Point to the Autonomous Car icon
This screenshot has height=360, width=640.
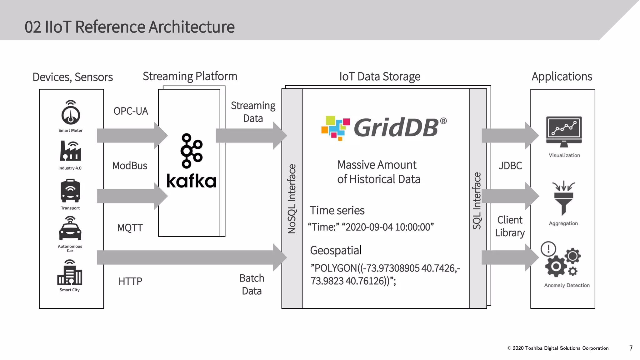(x=70, y=230)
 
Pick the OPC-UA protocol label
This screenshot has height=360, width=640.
(x=131, y=111)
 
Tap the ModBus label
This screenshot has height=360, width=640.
(x=130, y=166)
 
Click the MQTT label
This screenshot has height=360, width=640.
(x=130, y=228)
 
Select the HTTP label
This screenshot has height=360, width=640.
(x=130, y=281)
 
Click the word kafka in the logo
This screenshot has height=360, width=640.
(x=191, y=181)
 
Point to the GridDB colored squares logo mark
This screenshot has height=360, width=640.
(x=335, y=128)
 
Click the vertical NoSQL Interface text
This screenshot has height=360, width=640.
(x=292, y=199)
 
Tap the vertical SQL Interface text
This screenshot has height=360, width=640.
(x=477, y=201)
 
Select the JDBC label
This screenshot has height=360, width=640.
(x=510, y=166)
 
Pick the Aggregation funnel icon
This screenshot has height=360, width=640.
(x=563, y=198)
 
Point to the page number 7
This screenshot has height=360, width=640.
(x=631, y=348)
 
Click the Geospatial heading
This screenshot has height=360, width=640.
(x=336, y=251)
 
